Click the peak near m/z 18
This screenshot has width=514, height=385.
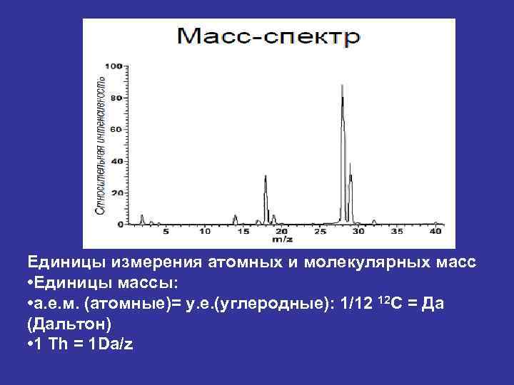(x=266, y=178)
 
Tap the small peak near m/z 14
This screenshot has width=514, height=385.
(x=235, y=216)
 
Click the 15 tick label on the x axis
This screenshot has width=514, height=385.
(x=243, y=232)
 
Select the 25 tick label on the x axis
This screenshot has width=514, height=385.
(x=320, y=232)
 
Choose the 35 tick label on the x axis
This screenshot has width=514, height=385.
(x=398, y=232)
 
